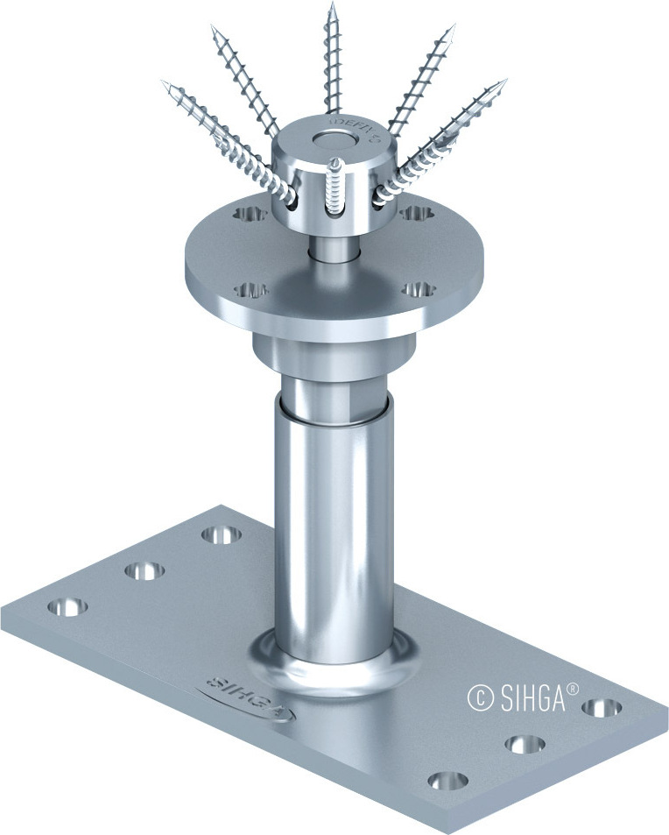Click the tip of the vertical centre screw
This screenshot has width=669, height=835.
click(x=333, y=5)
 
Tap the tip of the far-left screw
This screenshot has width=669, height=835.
click(x=164, y=83)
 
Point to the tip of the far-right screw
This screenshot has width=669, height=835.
click(x=505, y=81)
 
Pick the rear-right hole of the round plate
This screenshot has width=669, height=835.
click(x=412, y=212)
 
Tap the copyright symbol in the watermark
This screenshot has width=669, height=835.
click(x=478, y=698)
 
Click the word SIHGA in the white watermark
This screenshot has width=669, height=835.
click(x=530, y=698)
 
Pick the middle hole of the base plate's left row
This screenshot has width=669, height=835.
click(x=144, y=570)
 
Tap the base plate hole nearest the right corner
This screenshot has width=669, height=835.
click(x=602, y=707)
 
